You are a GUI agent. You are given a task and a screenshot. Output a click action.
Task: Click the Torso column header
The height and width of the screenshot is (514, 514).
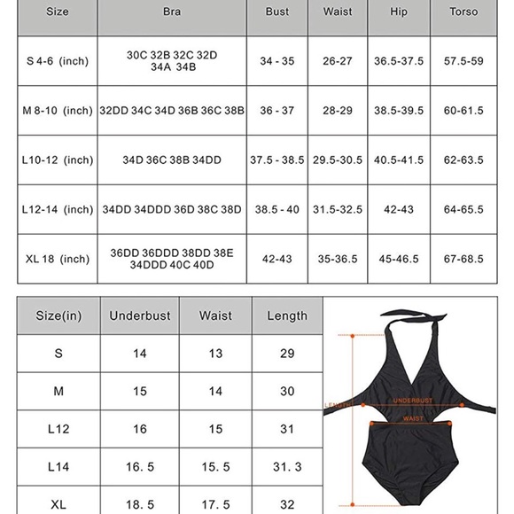pos(463,12)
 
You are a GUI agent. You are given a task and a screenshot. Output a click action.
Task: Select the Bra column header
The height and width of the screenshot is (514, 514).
pos(172,12)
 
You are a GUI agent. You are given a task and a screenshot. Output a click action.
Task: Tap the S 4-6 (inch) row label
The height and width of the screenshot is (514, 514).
pos(58,61)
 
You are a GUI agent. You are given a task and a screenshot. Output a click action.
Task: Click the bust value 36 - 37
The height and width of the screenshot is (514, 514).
pos(277,111)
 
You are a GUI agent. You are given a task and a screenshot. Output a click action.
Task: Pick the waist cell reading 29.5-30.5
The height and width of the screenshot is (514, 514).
pos(338,160)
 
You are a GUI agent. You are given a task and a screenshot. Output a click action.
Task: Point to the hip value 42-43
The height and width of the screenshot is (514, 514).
pos(399,210)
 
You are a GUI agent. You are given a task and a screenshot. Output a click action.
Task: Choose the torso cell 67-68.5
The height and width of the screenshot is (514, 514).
pos(463,259)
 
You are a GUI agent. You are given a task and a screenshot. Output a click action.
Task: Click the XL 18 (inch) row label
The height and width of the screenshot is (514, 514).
pos(58,259)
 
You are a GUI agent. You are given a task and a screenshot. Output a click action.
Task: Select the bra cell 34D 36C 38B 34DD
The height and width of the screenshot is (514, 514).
pos(172,160)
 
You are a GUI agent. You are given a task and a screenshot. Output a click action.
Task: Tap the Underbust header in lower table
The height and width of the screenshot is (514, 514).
pos(140,315)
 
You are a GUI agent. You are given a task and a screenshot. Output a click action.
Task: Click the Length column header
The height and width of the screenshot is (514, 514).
pos(287,315)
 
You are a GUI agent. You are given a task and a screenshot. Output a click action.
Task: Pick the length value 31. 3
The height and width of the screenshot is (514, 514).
pos(287,466)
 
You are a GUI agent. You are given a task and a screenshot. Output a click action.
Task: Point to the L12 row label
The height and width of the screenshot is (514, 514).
pos(58,429)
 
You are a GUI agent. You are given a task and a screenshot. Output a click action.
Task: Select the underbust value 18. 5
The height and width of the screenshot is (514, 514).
pos(140,504)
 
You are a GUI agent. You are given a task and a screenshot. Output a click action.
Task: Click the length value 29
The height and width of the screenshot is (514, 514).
pos(287,354)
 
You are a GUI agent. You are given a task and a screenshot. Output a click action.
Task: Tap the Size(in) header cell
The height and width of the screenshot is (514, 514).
pos(58,315)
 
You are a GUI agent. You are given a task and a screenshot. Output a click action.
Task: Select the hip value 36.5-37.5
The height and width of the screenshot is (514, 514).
pos(399,61)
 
